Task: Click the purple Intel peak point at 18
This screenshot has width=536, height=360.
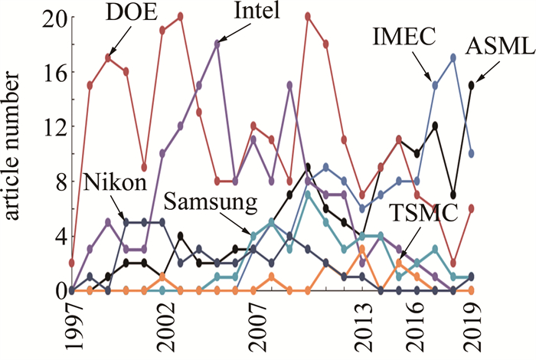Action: pyautogui.click(x=217, y=44)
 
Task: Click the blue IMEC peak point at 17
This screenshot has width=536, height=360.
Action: pyautogui.click(x=454, y=57)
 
